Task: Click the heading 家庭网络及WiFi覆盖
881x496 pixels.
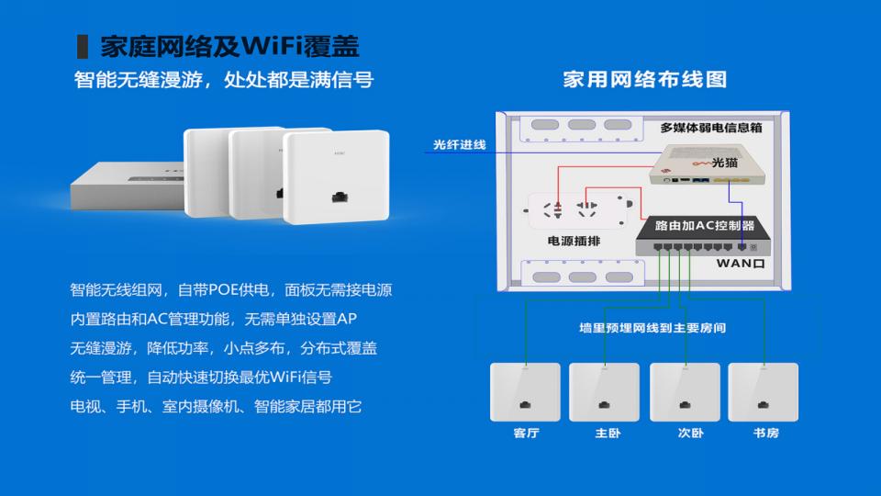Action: point(229,46)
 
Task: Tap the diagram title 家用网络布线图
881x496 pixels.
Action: point(645,79)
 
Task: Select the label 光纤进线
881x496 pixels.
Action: point(459,144)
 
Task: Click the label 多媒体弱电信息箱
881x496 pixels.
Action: point(710,128)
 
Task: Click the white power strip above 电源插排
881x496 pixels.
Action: point(579,211)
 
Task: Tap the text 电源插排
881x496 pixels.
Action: point(574,241)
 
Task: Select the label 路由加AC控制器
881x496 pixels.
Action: point(705,226)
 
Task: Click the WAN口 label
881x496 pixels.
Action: point(741,264)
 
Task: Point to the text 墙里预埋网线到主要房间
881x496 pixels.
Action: point(652,327)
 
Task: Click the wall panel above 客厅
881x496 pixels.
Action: point(525,392)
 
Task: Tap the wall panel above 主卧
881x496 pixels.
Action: point(605,392)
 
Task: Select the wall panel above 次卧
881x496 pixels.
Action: point(685,392)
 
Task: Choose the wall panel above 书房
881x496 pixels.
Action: point(763,392)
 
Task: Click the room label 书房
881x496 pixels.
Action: point(765,433)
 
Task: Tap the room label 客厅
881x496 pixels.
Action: point(527,433)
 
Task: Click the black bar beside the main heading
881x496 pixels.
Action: point(82,46)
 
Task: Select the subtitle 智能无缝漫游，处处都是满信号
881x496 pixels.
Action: point(224,80)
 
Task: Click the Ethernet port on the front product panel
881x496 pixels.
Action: point(340,197)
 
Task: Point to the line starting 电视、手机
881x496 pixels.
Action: point(216,406)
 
